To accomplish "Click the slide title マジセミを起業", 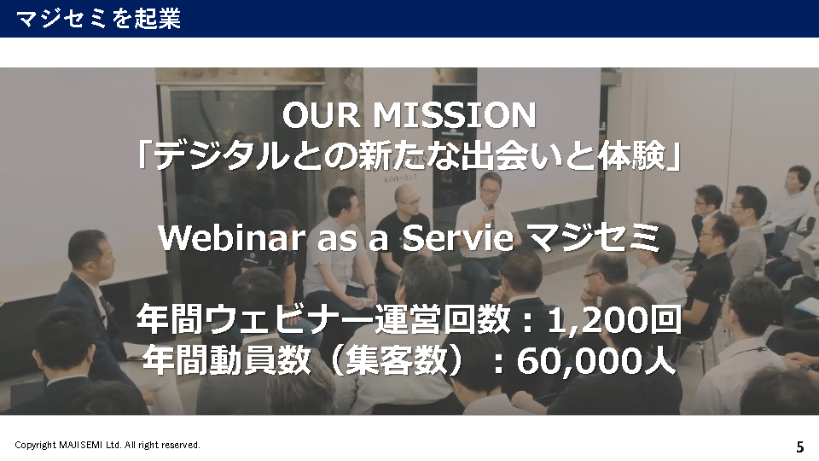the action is click(x=98, y=19).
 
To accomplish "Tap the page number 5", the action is click(x=799, y=446).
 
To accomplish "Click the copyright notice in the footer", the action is click(x=107, y=445).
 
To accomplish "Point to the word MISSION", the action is click(x=454, y=115).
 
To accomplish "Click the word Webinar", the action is click(x=232, y=238).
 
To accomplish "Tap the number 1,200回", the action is click(x=614, y=320).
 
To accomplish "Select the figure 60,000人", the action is click(x=596, y=360).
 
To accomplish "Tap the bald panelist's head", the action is click(x=407, y=197).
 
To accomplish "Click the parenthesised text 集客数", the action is click(x=397, y=360).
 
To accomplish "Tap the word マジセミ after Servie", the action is click(x=594, y=238).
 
